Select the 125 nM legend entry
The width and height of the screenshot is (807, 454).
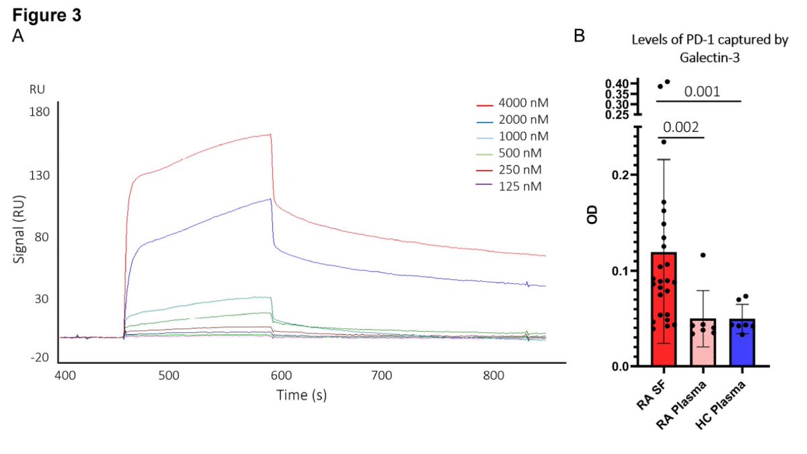509,187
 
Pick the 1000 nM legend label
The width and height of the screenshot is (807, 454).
523,137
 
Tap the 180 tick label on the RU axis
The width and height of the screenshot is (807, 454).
39,112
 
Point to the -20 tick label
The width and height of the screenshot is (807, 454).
40,358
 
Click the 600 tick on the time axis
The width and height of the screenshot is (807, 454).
281,376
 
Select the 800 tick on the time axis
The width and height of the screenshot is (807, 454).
493,376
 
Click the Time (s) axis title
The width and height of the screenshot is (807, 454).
302,395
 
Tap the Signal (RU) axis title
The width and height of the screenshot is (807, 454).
19,229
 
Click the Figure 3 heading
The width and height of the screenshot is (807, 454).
47,15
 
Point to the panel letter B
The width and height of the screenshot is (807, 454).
579,36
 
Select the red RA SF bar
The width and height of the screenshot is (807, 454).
664,309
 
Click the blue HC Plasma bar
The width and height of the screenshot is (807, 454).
742,342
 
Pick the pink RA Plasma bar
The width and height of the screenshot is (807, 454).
703,342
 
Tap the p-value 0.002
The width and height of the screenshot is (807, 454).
681,127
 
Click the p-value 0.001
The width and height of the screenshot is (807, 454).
702,91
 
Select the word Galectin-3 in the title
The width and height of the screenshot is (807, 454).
709,58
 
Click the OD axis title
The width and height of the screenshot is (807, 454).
592,215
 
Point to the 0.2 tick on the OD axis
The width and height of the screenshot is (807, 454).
620,175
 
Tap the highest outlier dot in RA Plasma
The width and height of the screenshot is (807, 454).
703,255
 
